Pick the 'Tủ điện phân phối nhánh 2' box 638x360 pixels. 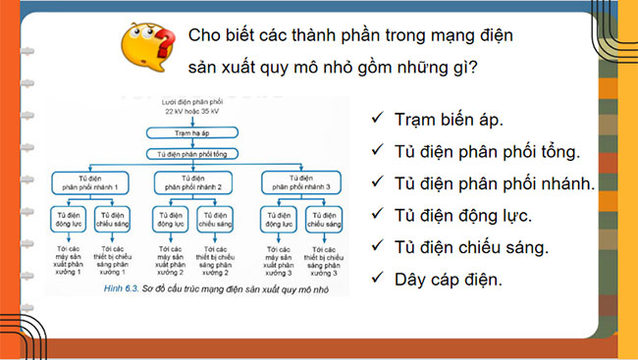(x=193, y=181)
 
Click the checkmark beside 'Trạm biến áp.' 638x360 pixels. (x=377, y=120)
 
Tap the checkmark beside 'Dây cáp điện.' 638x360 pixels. (x=377, y=281)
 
